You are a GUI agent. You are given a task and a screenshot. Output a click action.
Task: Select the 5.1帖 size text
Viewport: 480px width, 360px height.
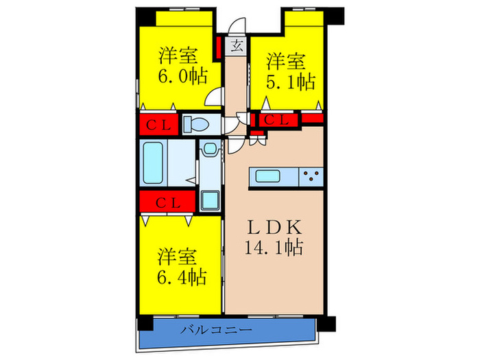coord(291,83)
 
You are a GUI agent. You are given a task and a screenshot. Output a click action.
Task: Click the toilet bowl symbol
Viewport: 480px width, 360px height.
coord(197,124)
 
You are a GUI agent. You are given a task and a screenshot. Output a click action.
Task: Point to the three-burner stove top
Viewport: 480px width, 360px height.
coord(311,178)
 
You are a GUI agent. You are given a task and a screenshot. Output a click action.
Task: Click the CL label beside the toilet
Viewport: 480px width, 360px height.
coord(158,125)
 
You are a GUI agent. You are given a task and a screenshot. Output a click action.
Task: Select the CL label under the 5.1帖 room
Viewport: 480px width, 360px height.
coord(277,120)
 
